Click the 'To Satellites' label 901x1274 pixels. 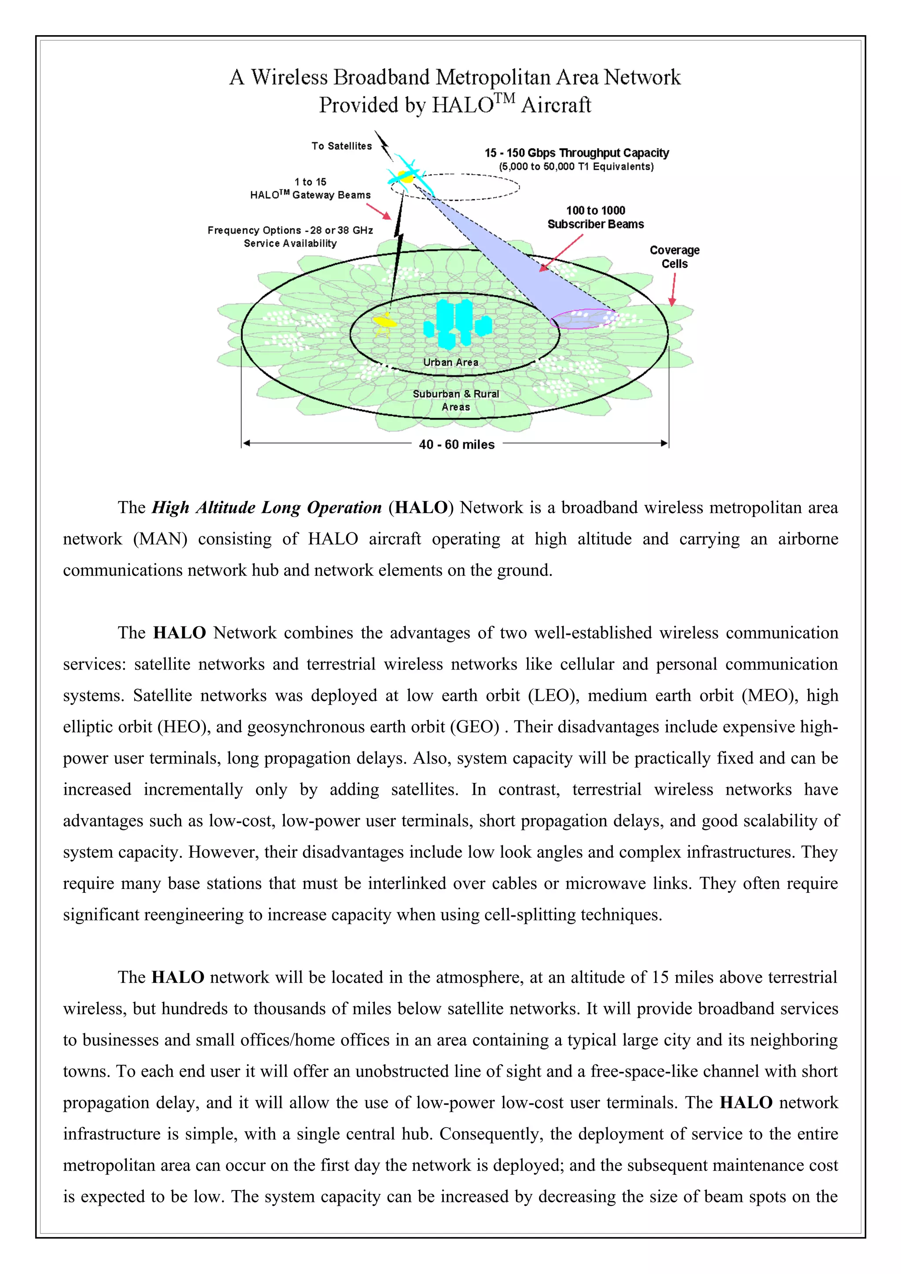coord(341,146)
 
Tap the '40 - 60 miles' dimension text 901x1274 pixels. coord(456,444)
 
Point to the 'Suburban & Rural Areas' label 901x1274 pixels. coord(456,400)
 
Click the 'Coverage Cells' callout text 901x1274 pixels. coord(674,257)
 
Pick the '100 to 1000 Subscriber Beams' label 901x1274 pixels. coord(595,217)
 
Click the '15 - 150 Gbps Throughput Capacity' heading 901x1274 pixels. coord(576,153)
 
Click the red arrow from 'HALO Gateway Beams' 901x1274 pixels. coord(379,211)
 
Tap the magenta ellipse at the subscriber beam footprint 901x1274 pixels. coord(583,318)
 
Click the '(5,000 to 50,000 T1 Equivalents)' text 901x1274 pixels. coord(576,167)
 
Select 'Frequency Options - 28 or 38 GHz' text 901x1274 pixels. coord(290,230)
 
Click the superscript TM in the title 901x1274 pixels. coord(505,99)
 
